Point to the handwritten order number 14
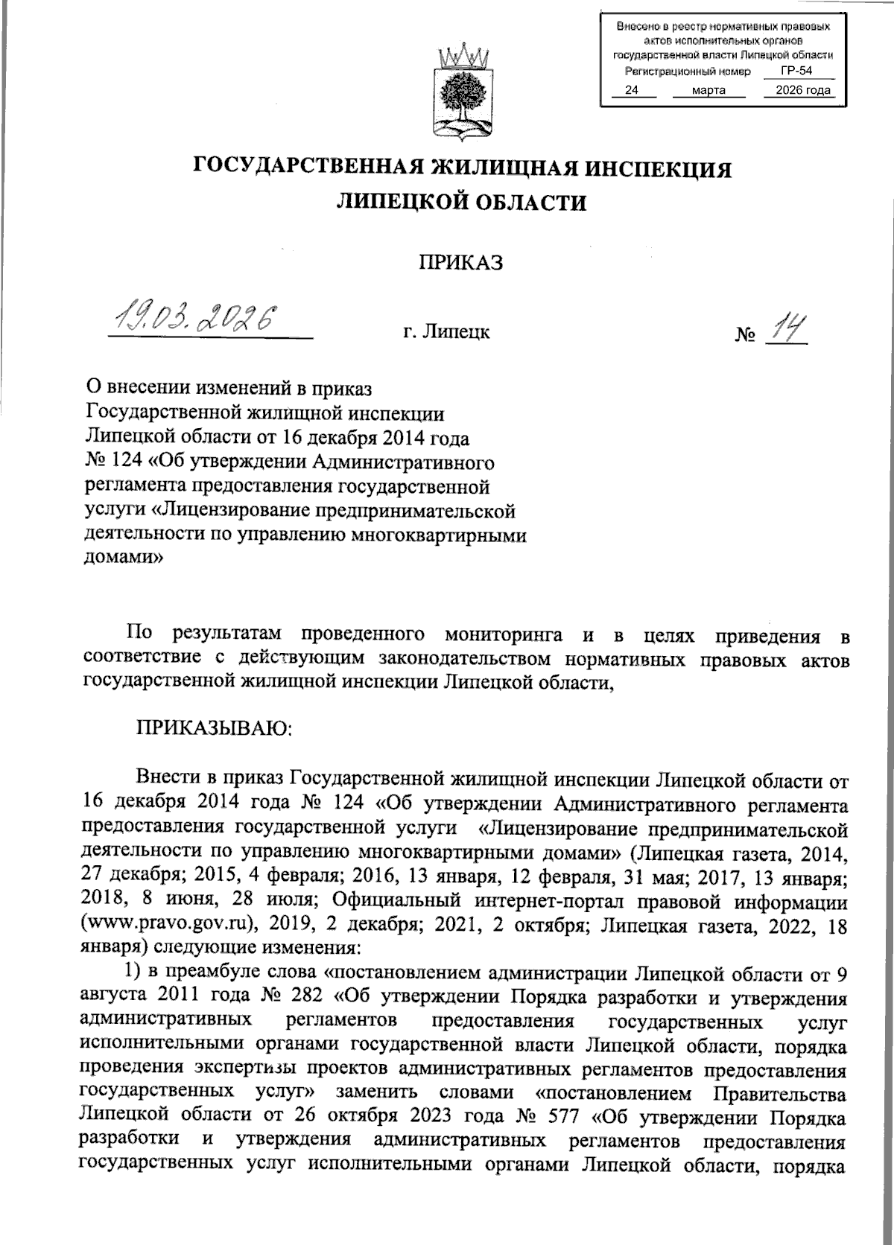(x=787, y=327)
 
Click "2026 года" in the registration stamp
(x=802, y=91)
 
